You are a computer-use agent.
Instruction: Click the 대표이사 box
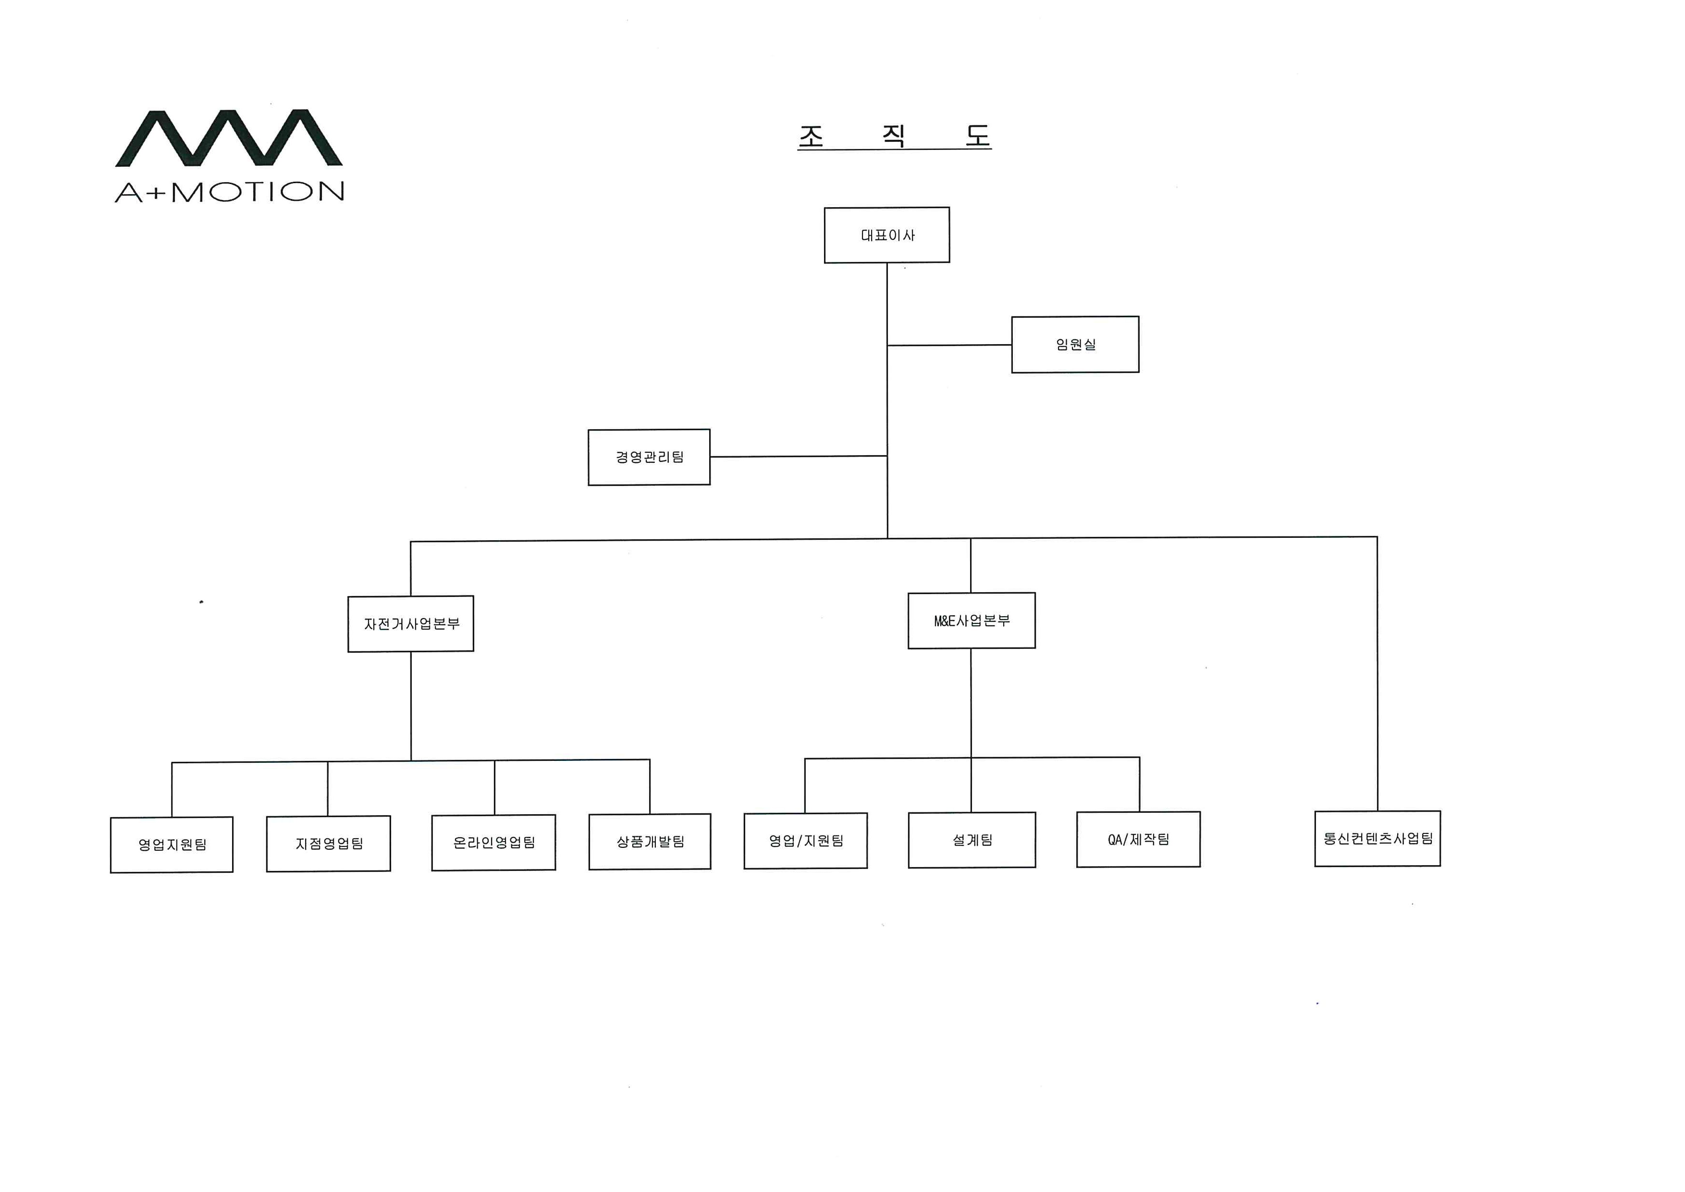(x=886, y=235)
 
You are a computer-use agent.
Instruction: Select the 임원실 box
(x=1075, y=344)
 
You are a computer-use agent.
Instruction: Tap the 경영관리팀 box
(x=649, y=457)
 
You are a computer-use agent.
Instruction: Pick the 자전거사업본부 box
(x=411, y=624)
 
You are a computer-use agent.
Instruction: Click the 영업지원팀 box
(x=172, y=845)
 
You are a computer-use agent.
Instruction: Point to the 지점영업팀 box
(x=328, y=844)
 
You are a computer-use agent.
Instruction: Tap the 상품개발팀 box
(x=650, y=842)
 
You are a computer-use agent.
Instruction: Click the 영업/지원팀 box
(x=806, y=841)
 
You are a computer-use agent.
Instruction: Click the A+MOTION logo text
(x=230, y=192)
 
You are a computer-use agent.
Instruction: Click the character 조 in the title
(x=811, y=136)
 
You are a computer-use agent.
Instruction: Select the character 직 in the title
(x=893, y=135)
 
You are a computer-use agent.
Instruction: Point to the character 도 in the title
(x=978, y=135)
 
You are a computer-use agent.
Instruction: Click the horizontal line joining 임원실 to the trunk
(x=950, y=345)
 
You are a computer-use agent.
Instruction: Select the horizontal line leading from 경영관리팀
(x=799, y=457)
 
